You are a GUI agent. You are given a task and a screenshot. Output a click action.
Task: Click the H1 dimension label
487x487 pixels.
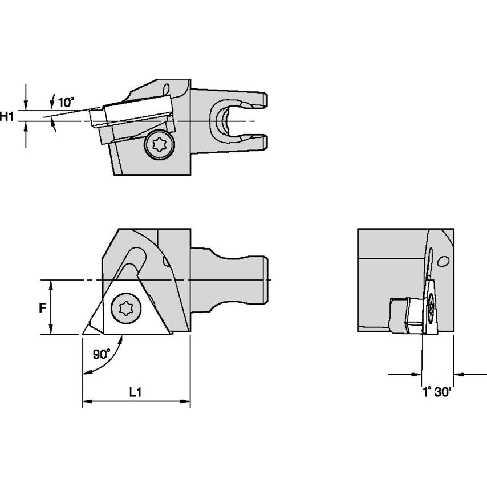coord(7,117)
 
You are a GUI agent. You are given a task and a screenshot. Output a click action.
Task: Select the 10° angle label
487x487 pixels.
coord(66,103)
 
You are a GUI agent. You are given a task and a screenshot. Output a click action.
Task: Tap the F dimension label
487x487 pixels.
coord(42,308)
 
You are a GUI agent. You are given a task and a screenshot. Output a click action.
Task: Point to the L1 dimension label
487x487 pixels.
coord(135,392)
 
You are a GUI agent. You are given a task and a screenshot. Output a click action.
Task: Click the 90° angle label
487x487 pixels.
coord(101,354)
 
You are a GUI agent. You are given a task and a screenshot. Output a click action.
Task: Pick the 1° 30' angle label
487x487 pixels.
coord(437,393)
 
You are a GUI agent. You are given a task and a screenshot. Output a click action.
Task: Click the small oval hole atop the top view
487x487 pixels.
coord(167,90)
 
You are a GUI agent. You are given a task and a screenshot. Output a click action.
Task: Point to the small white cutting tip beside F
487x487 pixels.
coord(90,329)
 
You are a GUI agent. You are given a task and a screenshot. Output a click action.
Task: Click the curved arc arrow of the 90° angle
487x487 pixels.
coord(108,359)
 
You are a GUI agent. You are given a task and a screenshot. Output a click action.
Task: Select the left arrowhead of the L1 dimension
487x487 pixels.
coord(86,403)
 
